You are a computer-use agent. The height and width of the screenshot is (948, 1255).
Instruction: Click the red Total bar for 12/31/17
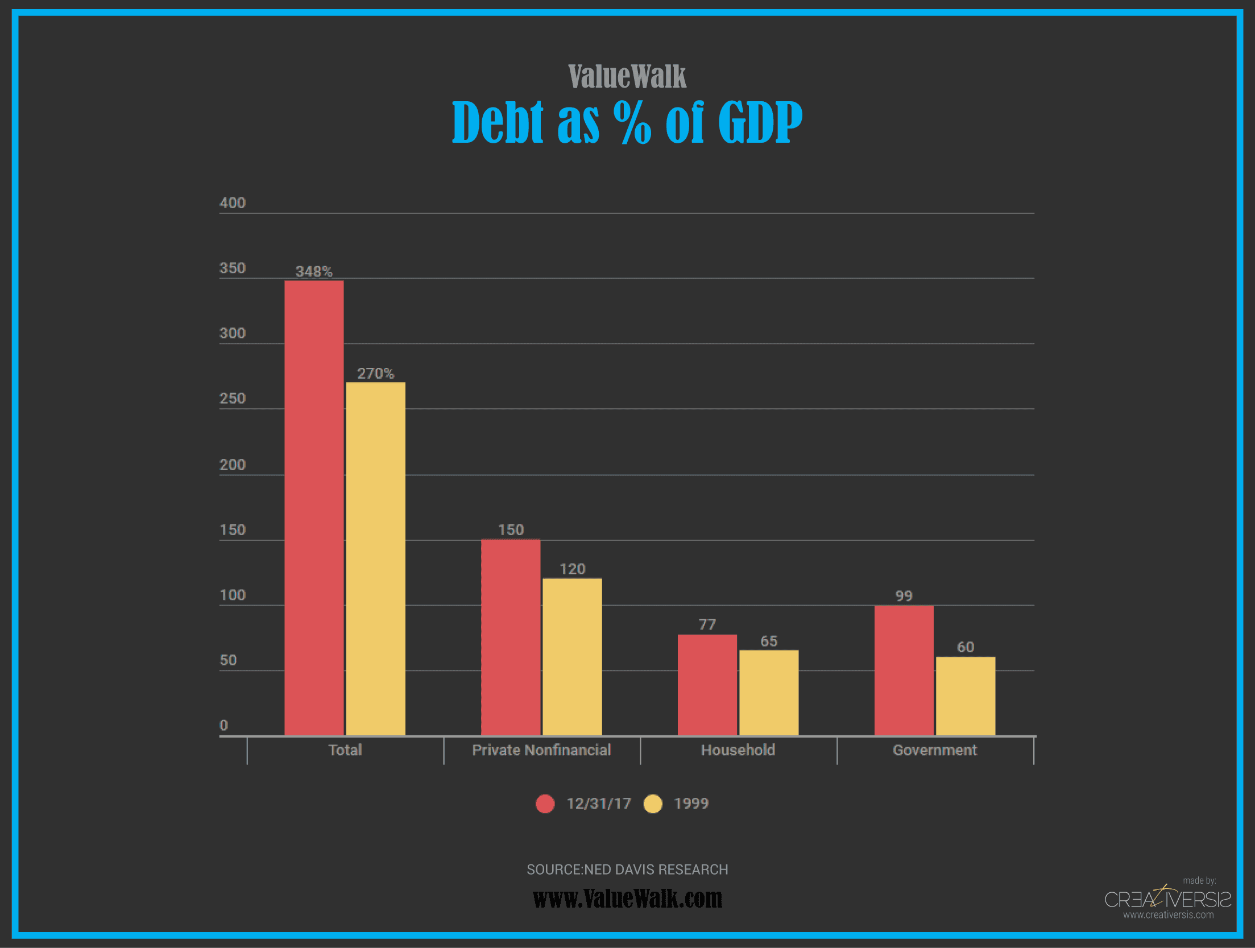pyautogui.click(x=314, y=507)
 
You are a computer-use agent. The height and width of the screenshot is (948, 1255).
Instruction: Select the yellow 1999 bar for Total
pyautogui.click(x=375, y=558)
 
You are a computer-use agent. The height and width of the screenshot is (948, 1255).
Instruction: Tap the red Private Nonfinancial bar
pyautogui.click(x=510, y=637)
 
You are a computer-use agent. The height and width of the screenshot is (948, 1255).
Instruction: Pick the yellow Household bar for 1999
pyautogui.click(x=768, y=693)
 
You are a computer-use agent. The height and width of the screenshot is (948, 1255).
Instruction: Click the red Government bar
pyautogui.click(x=904, y=670)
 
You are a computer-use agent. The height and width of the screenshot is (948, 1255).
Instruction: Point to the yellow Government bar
pyautogui.click(x=965, y=696)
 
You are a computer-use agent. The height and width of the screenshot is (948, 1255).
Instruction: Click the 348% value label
pyautogui.click(x=314, y=271)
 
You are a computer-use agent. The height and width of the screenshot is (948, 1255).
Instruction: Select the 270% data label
pyautogui.click(x=375, y=373)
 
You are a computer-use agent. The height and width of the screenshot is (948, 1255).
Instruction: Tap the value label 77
pyautogui.click(x=707, y=624)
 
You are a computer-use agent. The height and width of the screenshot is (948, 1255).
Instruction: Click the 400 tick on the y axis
pyautogui.click(x=233, y=203)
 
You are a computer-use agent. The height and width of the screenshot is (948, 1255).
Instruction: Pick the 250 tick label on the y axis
pyautogui.click(x=233, y=398)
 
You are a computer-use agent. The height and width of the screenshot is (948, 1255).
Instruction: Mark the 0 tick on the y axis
pyautogui.click(x=223, y=725)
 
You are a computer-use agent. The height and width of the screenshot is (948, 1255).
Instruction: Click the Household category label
pyautogui.click(x=738, y=750)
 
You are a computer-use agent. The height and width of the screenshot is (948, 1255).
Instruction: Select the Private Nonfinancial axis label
pyautogui.click(x=541, y=750)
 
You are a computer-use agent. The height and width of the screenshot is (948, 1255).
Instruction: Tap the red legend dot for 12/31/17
pyautogui.click(x=545, y=804)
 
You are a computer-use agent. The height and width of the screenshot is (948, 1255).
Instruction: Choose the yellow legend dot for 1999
pyautogui.click(x=653, y=804)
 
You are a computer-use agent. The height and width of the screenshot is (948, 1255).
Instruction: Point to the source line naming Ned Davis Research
pyautogui.click(x=627, y=869)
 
